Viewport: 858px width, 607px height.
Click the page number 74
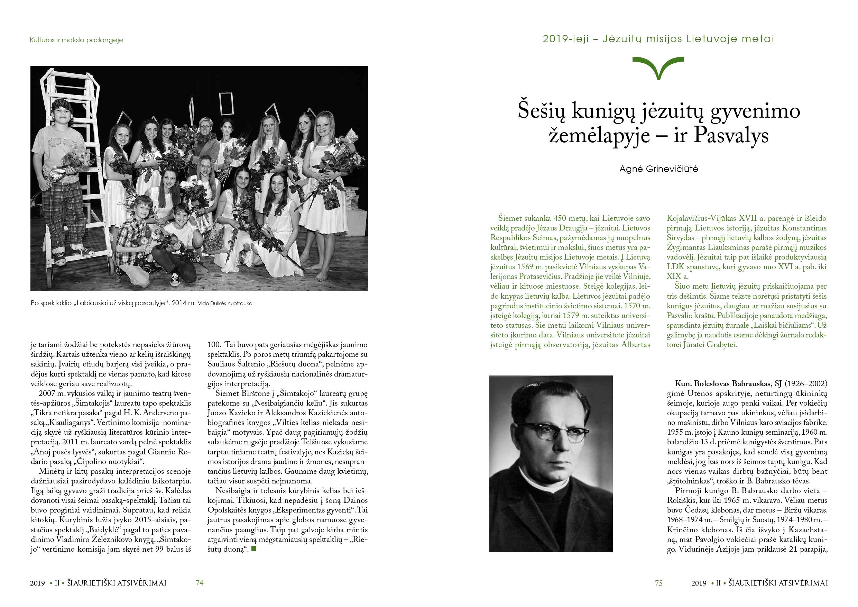200,583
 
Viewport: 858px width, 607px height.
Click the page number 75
658,583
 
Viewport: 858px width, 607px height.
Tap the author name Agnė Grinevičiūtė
658,169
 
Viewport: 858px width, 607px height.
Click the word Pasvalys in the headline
731,135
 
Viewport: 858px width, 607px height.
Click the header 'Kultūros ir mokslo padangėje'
76,40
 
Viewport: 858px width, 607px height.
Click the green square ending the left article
254,549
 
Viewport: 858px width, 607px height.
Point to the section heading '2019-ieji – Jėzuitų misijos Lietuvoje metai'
658,39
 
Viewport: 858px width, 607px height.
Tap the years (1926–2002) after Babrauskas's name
806,384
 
